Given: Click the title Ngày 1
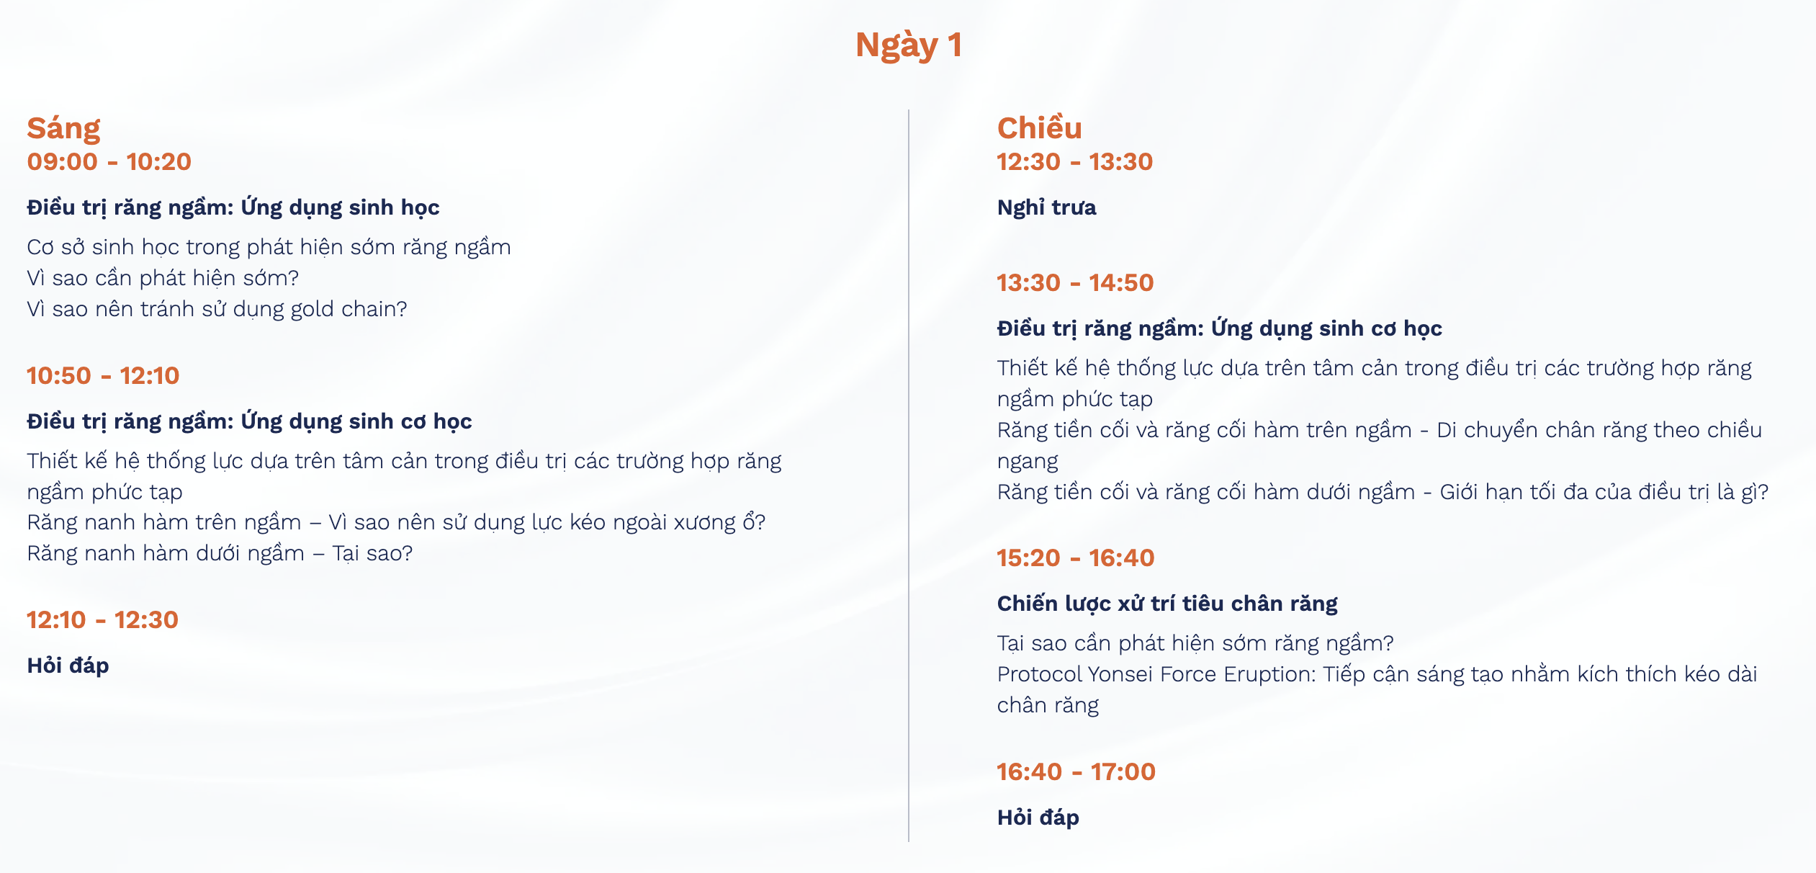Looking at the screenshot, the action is (908, 45).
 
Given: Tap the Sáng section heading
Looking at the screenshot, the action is (63, 129).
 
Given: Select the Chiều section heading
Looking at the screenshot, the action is (1039, 127).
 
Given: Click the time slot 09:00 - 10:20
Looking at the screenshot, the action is (109, 161).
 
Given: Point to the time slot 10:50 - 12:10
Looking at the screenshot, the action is (103, 375).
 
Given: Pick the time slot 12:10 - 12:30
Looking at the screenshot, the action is (102, 619).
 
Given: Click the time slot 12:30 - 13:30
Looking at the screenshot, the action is (1074, 161).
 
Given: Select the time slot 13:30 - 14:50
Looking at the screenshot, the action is (1075, 282).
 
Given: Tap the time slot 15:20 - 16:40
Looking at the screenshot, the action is (1075, 558).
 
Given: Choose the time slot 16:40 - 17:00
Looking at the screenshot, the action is (1076, 771).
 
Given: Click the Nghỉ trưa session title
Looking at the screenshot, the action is (1046, 207).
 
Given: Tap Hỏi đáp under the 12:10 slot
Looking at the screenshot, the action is (68, 665).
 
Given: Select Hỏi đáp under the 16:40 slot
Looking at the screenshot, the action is (1038, 817).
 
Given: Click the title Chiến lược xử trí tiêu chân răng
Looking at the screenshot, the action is (1167, 604).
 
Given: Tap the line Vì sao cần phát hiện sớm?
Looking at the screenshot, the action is (163, 278).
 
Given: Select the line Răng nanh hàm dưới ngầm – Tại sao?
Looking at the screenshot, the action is (220, 553).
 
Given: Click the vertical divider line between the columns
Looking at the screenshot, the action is (909, 475).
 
